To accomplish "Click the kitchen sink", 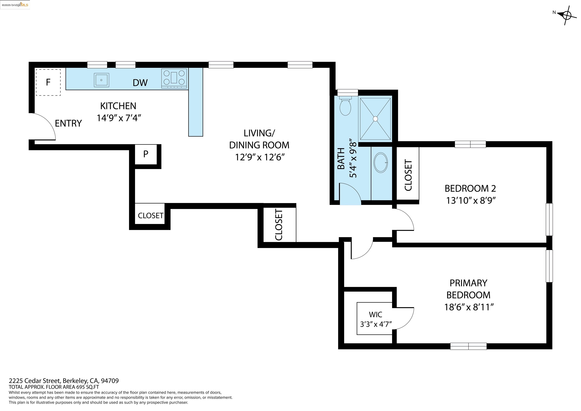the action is click(x=102, y=80).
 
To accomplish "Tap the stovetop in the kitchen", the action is click(x=174, y=78).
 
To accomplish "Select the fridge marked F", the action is click(x=48, y=82).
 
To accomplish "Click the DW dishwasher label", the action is click(x=140, y=83).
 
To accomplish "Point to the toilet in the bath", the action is click(x=345, y=106).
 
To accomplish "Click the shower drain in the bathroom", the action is click(x=375, y=119).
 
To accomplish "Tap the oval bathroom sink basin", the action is click(x=381, y=162).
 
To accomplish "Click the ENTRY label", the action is click(x=68, y=123).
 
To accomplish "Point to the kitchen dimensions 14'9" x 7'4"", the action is click(x=119, y=118).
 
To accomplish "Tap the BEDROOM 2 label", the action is click(x=470, y=188).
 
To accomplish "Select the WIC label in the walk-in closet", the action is click(x=376, y=314).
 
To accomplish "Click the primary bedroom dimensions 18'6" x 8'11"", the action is click(x=469, y=307).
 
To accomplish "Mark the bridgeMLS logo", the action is click(x=15, y=5).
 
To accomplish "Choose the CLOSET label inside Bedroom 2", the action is click(x=408, y=175).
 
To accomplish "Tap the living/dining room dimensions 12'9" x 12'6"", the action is click(x=260, y=157).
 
